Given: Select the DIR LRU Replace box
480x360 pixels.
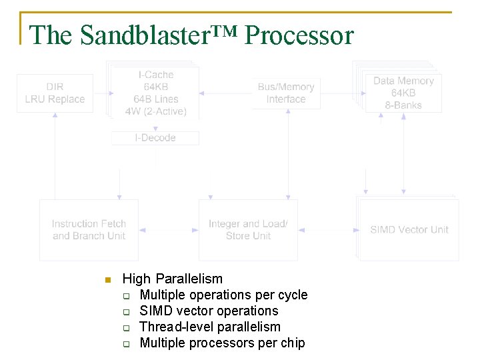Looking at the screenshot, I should point(55,93).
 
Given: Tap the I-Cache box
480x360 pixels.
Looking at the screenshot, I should point(156,93).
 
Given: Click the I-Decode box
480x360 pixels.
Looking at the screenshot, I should point(155,138).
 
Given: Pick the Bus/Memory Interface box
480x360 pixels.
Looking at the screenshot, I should point(286,93).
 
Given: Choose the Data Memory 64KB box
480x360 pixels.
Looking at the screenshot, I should point(403,93).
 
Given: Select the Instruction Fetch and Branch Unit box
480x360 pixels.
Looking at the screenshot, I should point(89,230).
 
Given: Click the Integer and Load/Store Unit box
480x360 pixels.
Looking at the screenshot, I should point(248,230).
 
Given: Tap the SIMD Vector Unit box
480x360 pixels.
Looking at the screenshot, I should point(409,230).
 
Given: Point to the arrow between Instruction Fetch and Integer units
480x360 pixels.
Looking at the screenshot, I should point(169,230).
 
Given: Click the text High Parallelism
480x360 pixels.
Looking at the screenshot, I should point(173,279).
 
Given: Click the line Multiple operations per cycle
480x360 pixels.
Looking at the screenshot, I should point(223,295).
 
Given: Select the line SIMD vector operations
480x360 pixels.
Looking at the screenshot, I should point(209,311).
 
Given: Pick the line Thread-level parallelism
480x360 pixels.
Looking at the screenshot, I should point(210,327).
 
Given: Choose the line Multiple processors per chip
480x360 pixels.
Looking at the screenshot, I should point(222,343).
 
